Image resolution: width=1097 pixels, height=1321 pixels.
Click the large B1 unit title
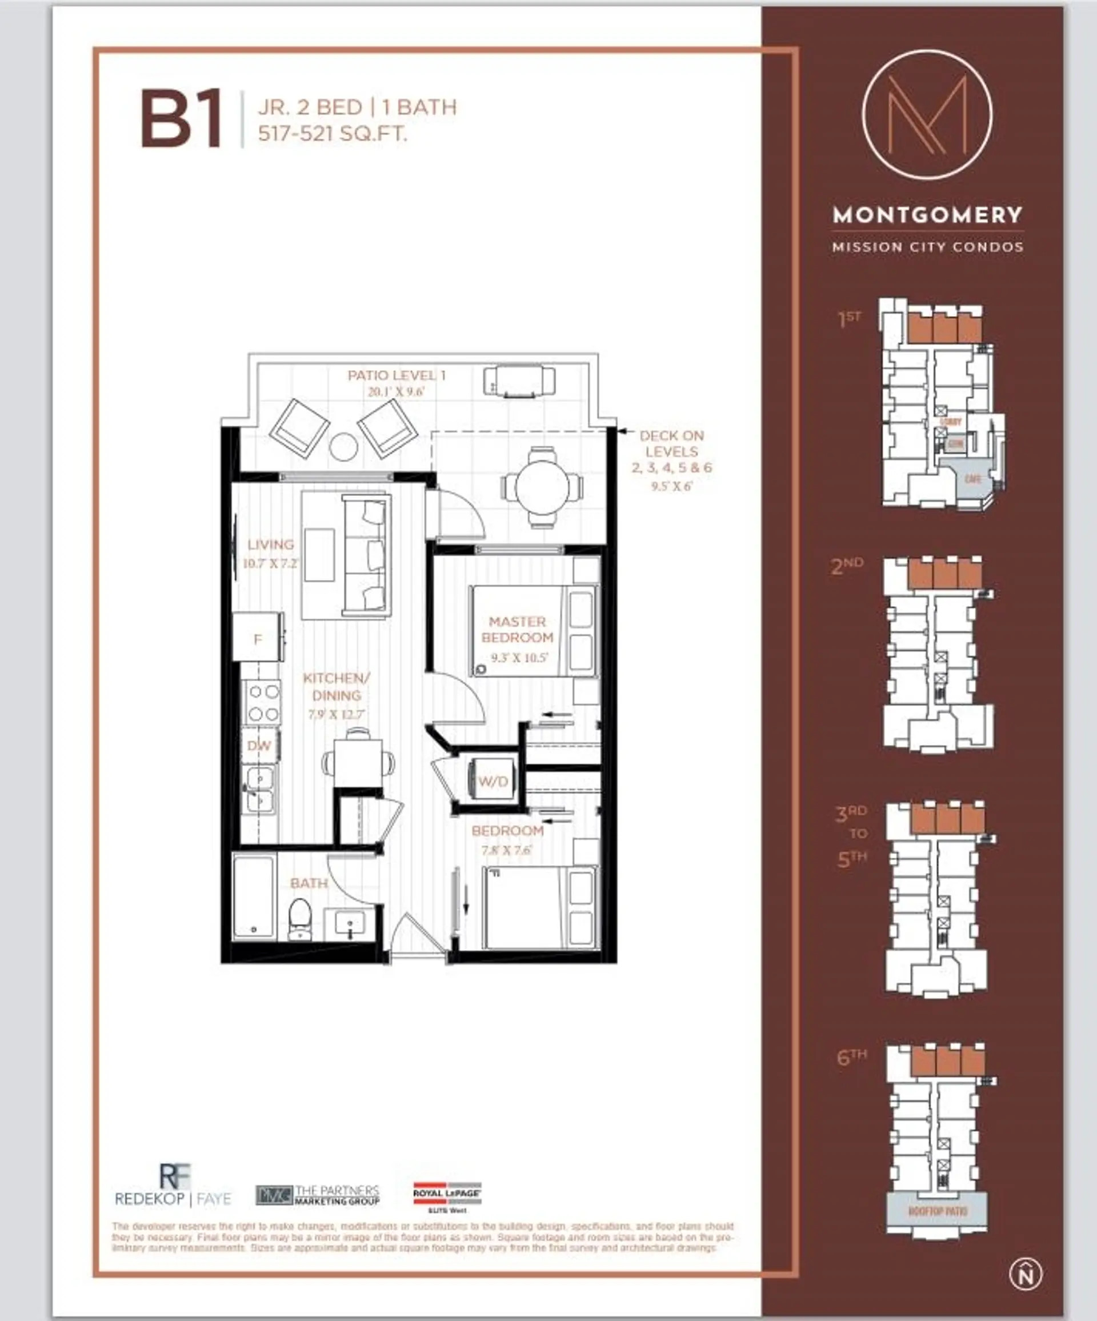(182, 119)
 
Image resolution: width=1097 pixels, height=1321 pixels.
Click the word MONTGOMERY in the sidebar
(927, 215)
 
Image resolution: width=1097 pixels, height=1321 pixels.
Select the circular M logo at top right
(927, 115)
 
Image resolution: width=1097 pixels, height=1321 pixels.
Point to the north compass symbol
(1025, 1270)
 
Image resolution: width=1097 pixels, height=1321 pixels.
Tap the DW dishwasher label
(258, 746)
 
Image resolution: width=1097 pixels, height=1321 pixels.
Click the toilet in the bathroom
(300, 918)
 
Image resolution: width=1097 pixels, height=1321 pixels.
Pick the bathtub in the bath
(254, 897)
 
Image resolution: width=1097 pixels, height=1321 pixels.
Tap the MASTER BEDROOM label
(517, 630)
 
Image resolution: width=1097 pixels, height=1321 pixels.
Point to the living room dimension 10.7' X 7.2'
(270, 563)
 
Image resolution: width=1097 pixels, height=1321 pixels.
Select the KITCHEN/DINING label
(337, 686)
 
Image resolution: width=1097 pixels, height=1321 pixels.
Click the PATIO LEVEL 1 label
(397, 375)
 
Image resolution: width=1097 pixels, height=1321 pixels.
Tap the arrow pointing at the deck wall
(623, 431)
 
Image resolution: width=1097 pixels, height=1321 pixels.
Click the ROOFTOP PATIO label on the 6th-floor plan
(938, 1211)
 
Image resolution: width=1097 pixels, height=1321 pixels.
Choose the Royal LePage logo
(447, 1195)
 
